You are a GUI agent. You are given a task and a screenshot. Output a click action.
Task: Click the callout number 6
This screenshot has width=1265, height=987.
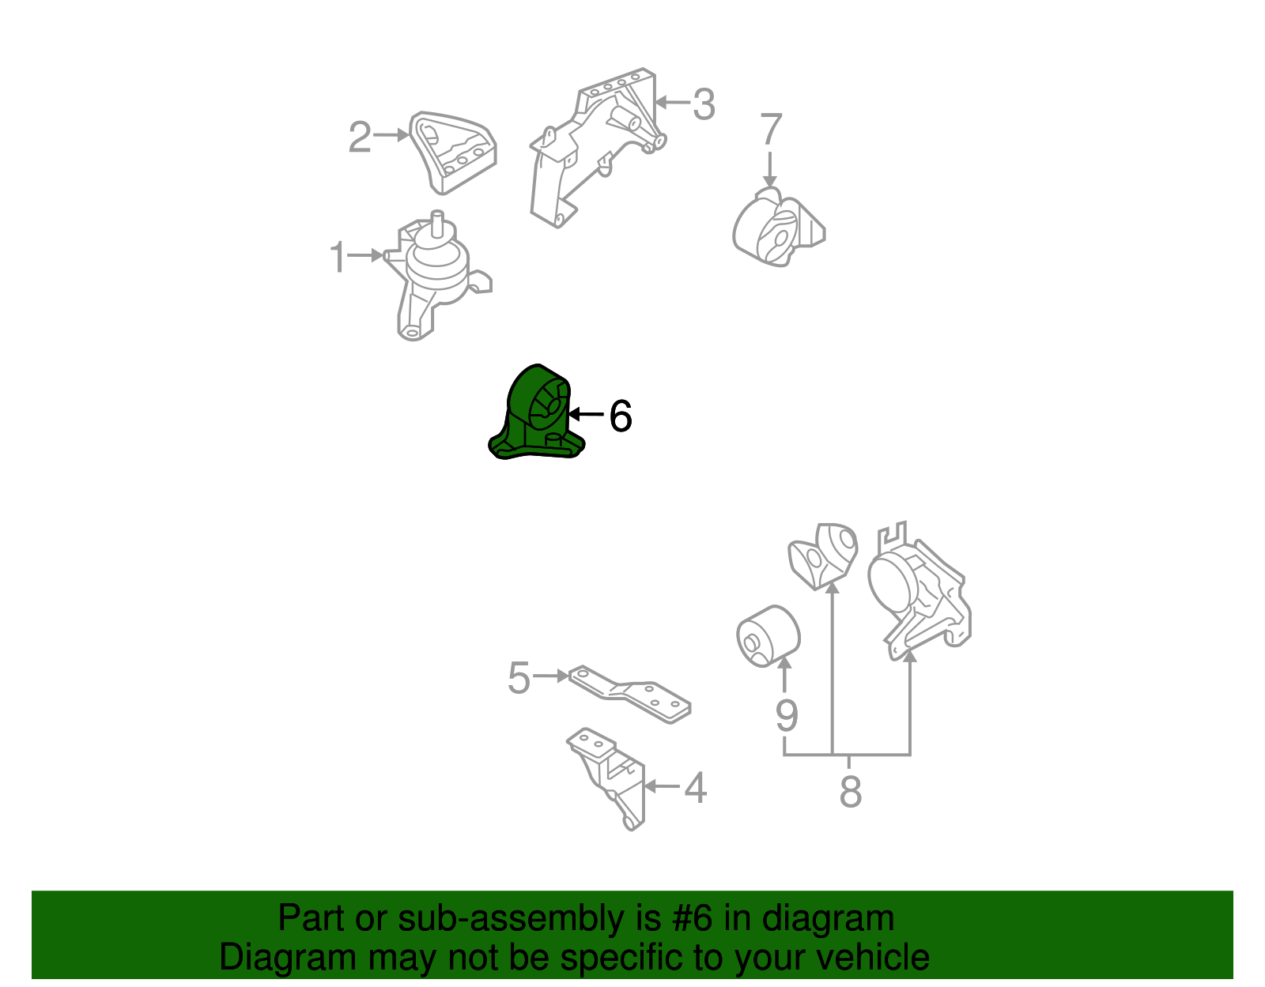click(x=620, y=416)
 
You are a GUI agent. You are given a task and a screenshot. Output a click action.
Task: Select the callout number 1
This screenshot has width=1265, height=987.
click(x=338, y=257)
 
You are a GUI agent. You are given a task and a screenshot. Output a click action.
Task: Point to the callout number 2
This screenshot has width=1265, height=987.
click(x=360, y=138)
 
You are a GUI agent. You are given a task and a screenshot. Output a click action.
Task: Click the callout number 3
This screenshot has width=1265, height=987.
click(x=703, y=104)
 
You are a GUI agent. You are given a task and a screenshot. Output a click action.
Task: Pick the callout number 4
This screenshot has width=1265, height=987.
click(x=696, y=788)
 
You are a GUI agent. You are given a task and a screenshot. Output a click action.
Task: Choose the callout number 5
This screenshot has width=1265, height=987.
click(x=519, y=677)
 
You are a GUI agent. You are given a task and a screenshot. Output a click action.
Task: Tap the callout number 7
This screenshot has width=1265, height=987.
click(x=771, y=129)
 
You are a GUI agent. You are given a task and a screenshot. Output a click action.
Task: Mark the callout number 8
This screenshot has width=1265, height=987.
click(x=851, y=791)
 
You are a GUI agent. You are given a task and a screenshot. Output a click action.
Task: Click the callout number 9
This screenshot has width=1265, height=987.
click(x=787, y=715)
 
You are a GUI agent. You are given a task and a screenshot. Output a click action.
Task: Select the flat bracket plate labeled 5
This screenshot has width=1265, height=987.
click(x=629, y=694)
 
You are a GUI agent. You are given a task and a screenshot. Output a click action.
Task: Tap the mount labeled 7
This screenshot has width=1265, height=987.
click(x=778, y=228)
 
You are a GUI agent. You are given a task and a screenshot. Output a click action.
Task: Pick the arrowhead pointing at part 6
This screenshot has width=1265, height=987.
click(x=574, y=414)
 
